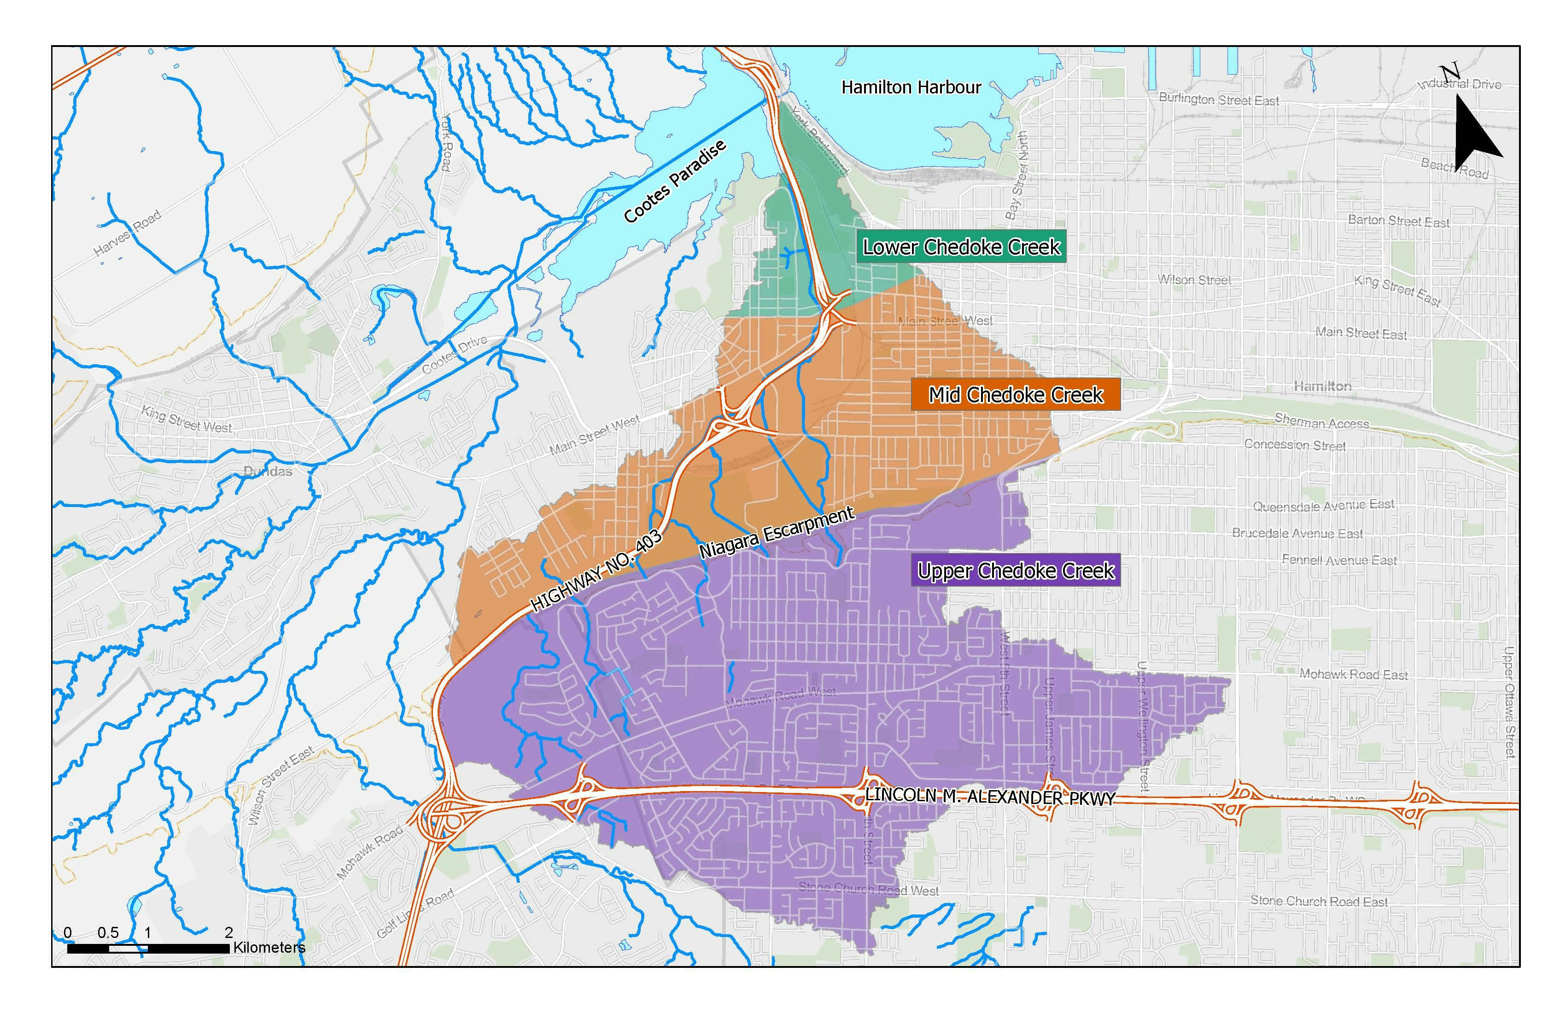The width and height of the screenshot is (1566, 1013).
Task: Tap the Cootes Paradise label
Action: click(674, 181)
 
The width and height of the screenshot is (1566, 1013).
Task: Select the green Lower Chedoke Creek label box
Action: click(961, 247)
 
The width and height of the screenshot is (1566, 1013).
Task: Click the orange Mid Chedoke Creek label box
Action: click(1015, 395)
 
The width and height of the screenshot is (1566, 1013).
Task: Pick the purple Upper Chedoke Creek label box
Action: click(1015, 571)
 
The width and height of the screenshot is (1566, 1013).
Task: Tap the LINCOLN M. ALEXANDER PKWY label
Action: click(990, 797)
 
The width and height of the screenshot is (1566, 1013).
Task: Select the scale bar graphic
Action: click(148, 948)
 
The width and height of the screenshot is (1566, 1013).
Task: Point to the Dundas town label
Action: click(267, 472)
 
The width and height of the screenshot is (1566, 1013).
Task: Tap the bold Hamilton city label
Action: click(1322, 386)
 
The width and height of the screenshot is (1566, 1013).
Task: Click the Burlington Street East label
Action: click(1219, 100)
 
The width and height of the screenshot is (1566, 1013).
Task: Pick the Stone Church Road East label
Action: click(1319, 901)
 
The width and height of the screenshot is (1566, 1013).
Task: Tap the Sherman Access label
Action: click(1321, 422)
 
